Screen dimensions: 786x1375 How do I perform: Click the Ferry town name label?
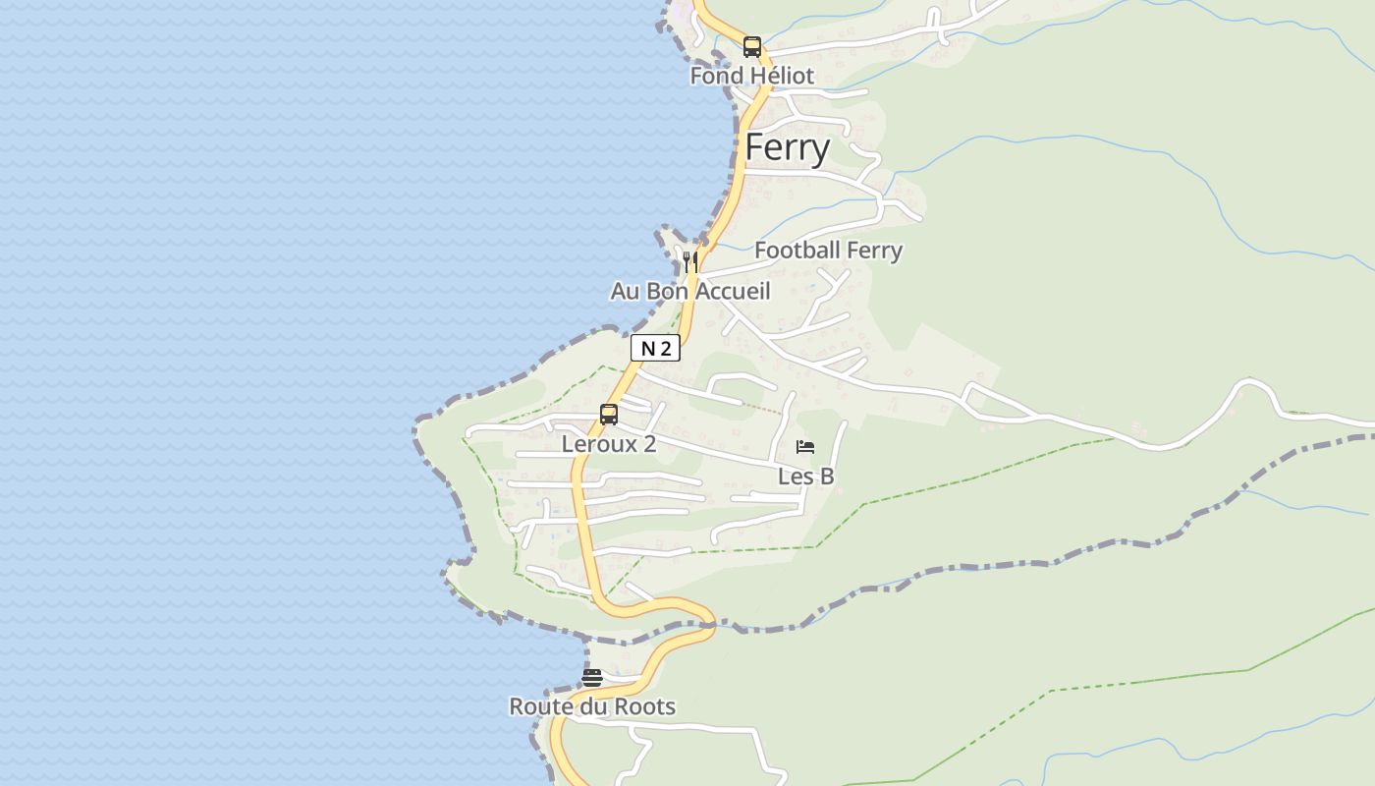(788, 147)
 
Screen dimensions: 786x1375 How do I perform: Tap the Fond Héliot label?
(751, 76)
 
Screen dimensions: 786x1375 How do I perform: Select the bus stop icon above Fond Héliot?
(752, 46)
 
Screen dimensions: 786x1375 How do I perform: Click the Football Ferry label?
(828, 251)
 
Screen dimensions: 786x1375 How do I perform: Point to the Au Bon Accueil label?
(690, 292)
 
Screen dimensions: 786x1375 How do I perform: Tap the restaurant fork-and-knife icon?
(690, 261)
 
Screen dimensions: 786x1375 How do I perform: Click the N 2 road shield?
(655, 348)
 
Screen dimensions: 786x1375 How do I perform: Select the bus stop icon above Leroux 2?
(609, 415)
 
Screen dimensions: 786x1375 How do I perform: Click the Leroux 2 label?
(609, 444)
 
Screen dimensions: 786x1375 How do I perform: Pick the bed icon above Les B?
(805, 447)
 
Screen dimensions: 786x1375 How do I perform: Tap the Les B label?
(805, 477)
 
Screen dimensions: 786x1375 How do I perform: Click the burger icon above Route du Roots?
(591, 677)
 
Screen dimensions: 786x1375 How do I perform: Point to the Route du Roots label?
(592, 706)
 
